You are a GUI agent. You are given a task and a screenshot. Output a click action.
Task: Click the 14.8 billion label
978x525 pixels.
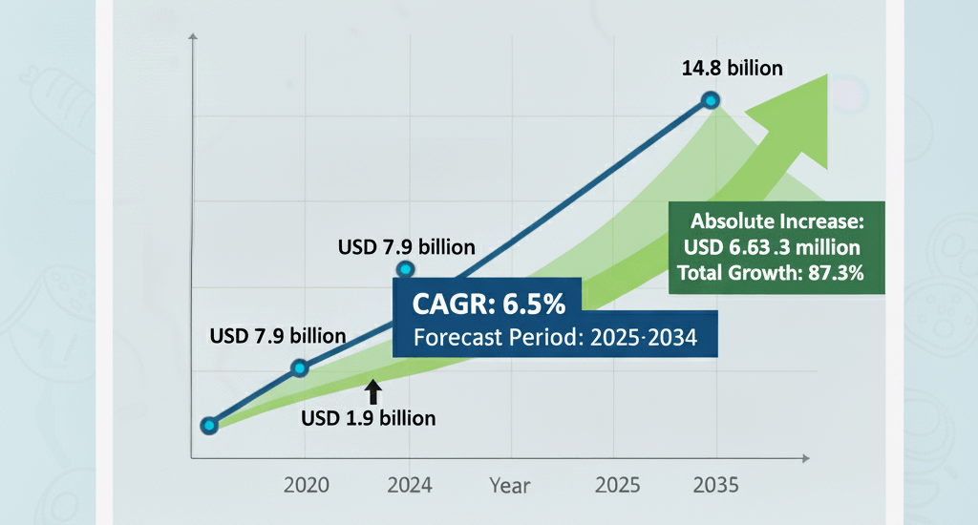pyautogui.click(x=732, y=68)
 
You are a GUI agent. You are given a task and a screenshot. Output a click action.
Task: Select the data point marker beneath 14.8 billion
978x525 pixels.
pyautogui.click(x=711, y=100)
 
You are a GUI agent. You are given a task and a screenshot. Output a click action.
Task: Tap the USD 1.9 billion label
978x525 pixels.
pyautogui.click(x=369, y=418)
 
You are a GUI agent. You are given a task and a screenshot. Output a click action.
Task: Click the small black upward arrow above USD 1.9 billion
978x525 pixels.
pyautogui.click(x=373, y=391)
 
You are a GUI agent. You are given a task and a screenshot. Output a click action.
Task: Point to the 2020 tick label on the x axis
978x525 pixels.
pyautogui.click(x=307, y=485)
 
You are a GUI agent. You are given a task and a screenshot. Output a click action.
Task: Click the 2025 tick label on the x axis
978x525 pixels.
pyautogui.click(x=617, y=485)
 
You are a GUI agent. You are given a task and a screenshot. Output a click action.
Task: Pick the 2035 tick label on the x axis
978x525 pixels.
pyautogui.click(x=714, y=485)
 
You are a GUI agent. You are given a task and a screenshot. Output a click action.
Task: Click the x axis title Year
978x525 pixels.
pyautogui.click(x=509, y=485)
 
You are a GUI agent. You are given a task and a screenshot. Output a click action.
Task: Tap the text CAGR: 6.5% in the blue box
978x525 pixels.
pyautogui.click(x=489, y=305)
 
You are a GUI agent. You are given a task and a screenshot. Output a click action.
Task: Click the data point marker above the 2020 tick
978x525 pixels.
pyautogui.click(x=299, y=367)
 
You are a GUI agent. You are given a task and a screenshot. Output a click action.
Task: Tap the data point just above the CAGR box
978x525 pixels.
pyautogui.click(x=405, y=271)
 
